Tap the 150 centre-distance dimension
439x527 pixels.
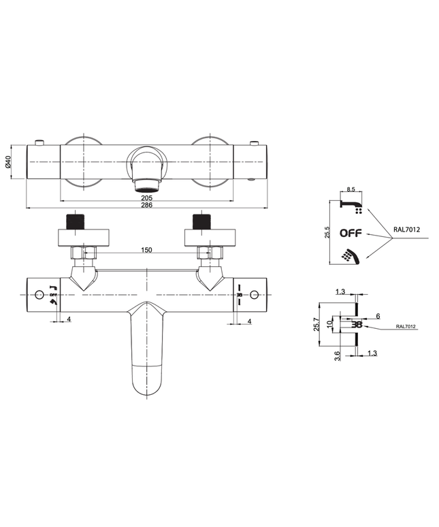point(146,250)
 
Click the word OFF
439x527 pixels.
point(351,232)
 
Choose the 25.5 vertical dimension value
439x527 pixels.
point(327,231)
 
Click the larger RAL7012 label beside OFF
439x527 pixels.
point(406,229)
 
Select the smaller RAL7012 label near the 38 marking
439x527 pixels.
point(406,327)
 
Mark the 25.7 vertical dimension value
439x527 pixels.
point(316,324)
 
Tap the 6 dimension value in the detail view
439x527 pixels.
point(377,316)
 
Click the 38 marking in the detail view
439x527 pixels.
point(356,325)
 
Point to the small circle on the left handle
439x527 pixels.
point(38,295)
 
